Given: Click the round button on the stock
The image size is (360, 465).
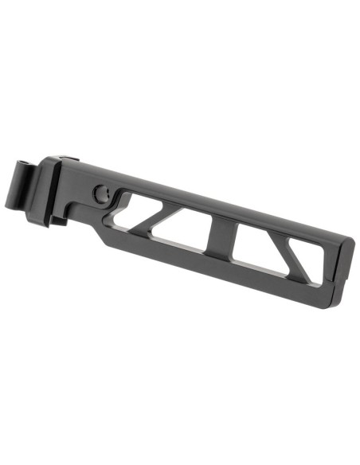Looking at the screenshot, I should tap(100, 192).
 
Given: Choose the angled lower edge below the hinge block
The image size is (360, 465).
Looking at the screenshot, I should tap(96, 231).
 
